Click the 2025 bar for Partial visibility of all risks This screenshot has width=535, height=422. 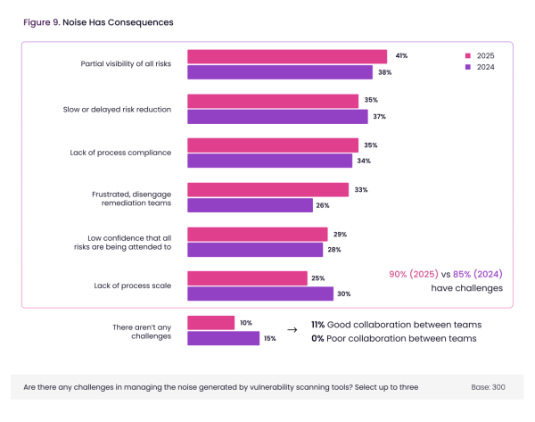pyautogui.click(x=286, y=56)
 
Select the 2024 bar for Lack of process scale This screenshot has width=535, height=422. pyautogui.click(x=259, y=294)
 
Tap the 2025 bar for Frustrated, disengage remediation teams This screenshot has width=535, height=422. pyautogui.click(x=267, y=190)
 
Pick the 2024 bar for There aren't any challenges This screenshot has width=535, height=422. pyautogui.click(x=223, y=338)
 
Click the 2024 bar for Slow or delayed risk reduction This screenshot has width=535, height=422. pyautogui.click(x=277, y=116)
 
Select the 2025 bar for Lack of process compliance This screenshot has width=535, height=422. pyautogui.click(x=272, y=145)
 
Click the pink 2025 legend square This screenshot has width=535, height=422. pyautogui.click(x=468, y=55)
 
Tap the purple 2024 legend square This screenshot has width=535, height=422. pyautogui.click(x=468, y=67)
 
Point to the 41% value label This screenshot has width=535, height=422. pyautogui.click(x=402, y=56)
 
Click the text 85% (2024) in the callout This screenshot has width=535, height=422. pyautogui.click(x=478, y=274)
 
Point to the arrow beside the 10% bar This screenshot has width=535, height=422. pyautogui.click(x=292, y=328)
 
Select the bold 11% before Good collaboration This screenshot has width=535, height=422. pyautogui.click(x=317, y=324)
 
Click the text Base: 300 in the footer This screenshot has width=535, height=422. pyautogui.click(x=488, y=387)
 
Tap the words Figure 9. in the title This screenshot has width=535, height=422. pyautogui.click(x=41, y=22)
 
